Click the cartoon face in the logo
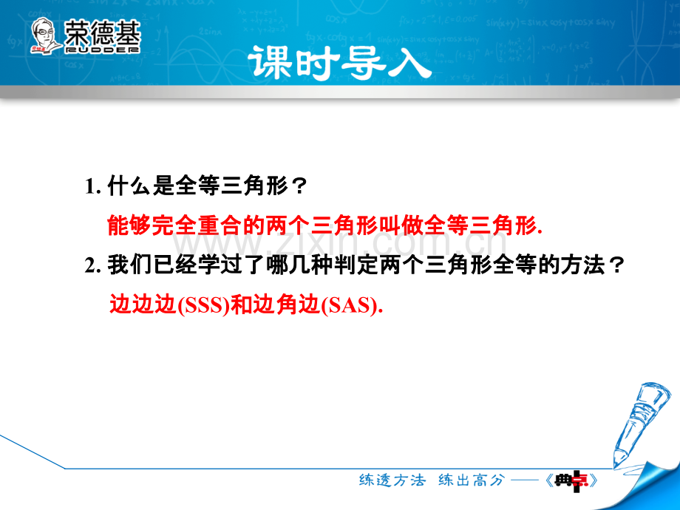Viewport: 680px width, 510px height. (x=44, y=35)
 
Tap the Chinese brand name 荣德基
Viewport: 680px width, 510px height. (x=102, y=32)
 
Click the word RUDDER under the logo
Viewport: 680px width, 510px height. (x=102, y=50)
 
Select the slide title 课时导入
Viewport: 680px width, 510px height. (x=339, y=64)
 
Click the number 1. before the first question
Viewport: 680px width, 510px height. (x=93, y=187)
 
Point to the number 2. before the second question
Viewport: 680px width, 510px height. (x=93, y=265)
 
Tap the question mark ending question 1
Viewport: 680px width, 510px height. (x=299, y=186)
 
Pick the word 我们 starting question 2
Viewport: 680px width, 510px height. (x=129, y=265)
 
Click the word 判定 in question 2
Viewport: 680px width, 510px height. (x=356, y=265)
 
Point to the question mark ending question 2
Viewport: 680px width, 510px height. (x=616, y=265)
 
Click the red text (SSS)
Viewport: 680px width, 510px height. (x=203, y=305)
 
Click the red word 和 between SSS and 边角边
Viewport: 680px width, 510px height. (x=241, y=305)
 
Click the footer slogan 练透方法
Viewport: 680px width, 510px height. (x=392, y=480)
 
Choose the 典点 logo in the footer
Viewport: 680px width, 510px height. (x=571, y=481)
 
